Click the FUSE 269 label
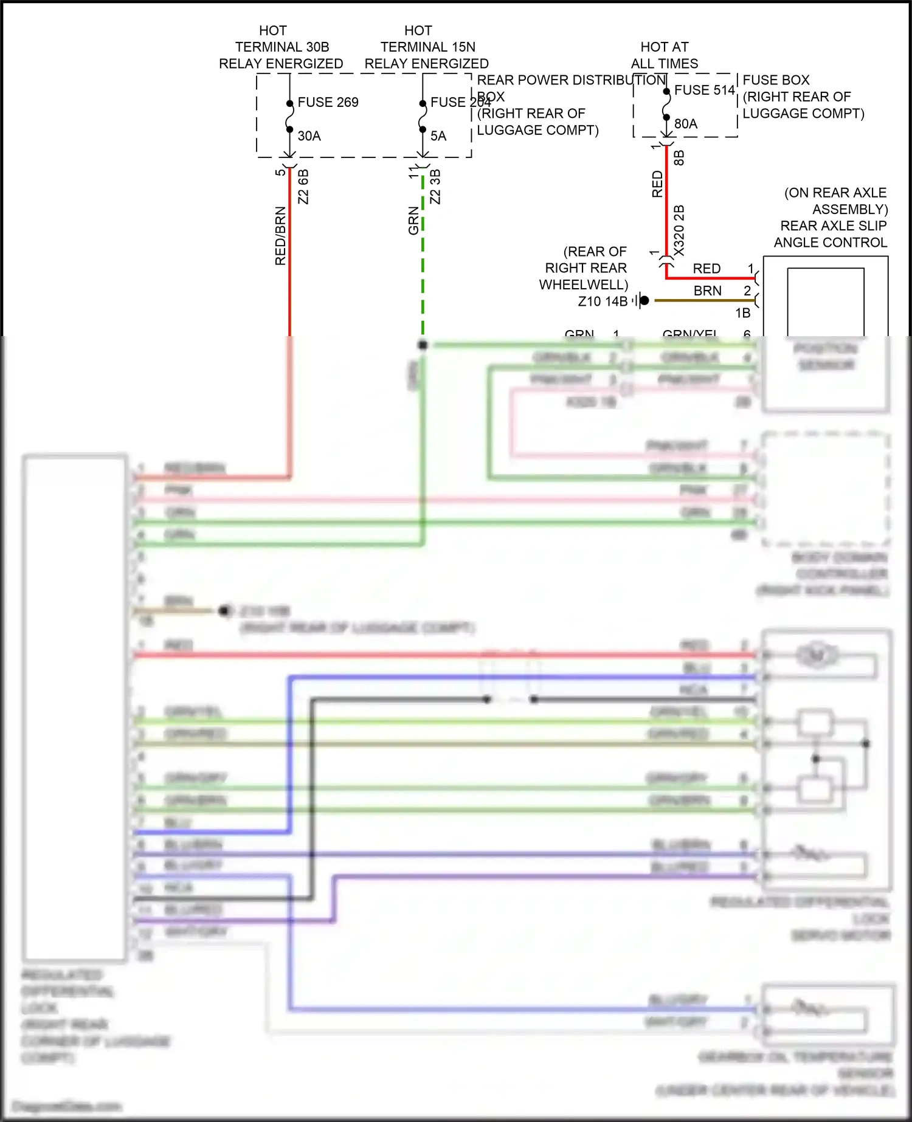pos(328,102)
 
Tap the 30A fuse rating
pos(309,136)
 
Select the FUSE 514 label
pos(704,90)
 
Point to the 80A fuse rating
pos(685,124)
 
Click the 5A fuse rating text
pos(438,136)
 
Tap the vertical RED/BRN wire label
pos(280,236)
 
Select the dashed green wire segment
pos(423,261)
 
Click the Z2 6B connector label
pos(303,187)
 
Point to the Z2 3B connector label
pos(435,187)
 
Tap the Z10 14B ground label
pos(603,301)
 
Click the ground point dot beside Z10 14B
pos(644,300)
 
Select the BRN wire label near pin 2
pos(707,291)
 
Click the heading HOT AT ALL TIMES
pos(664,55)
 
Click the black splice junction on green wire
pos(423,345)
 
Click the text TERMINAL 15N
pos(427,47)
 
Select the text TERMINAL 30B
pos(282,47)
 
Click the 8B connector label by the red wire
pos(679,158)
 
